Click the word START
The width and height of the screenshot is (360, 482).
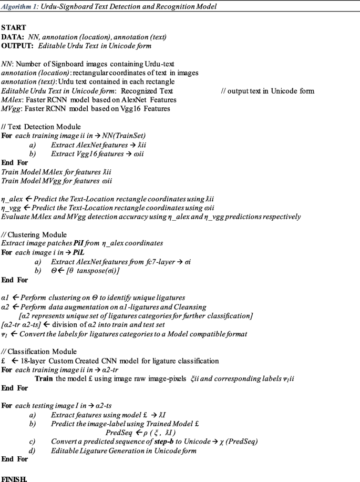[x=13, y=26]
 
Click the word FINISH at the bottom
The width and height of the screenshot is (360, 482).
[x=14, y=479]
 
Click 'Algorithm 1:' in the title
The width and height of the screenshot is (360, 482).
[x=20, y=6]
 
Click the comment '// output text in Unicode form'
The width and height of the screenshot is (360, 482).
[x=268, y=91]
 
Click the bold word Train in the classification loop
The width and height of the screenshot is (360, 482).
[x=44, y=378]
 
